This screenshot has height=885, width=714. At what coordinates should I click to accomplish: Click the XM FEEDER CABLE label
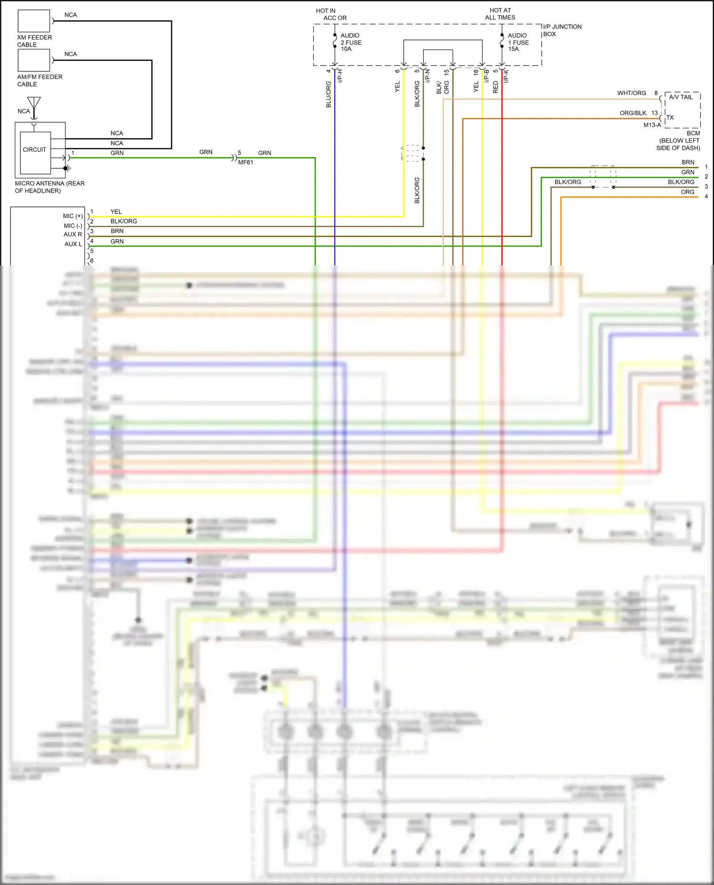(x=34, y=41)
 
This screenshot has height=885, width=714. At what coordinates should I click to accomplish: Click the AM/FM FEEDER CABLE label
(x=40, y=80)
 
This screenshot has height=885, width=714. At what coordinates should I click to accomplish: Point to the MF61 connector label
(x=246, y=162)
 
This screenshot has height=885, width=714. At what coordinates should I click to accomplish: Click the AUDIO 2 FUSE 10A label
(x=351, y=42)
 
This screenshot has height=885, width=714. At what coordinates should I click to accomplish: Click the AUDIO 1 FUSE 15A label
(x=518, y=42)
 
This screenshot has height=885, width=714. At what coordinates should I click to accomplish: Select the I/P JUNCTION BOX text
(x=562, y=30)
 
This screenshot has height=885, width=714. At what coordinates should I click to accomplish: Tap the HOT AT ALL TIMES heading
(x=500, y=14)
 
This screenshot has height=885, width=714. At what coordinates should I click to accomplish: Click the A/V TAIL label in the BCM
(x=681, y=97)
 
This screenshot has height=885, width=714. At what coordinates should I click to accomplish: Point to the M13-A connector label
(x=652, y=125)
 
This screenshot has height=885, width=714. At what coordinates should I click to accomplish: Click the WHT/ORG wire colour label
(x=631, y=93)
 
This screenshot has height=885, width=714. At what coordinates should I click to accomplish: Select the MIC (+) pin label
(x=73, y=216)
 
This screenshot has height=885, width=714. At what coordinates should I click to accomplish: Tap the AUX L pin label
(x=73, y=244)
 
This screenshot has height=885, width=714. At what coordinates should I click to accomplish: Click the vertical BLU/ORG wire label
(x=328, y=94)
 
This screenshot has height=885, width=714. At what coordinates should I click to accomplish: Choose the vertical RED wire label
(x=496, y=87)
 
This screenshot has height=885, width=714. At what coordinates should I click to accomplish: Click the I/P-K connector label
(x=506, y=76)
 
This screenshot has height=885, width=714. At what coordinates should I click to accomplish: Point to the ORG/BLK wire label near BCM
(x=633, y=113)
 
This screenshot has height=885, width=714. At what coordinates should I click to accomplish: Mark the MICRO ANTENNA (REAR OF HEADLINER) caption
(x=50, y=187)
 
